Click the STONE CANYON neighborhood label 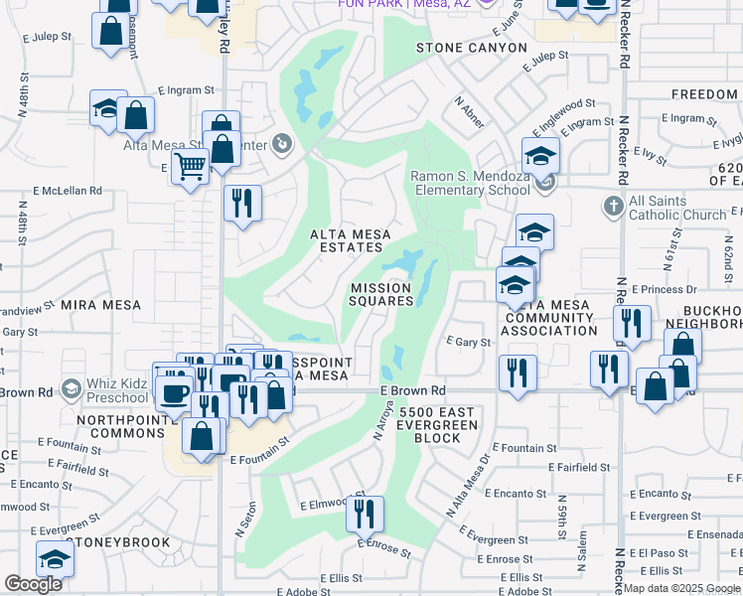pos(471,47)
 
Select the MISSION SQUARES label pos(381,294)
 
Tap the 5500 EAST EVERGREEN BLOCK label pos(438,424)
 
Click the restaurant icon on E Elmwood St pos(366,514)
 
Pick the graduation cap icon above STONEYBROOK pos(56,559)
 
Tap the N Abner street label pos(469,111)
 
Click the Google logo pos(34,584)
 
